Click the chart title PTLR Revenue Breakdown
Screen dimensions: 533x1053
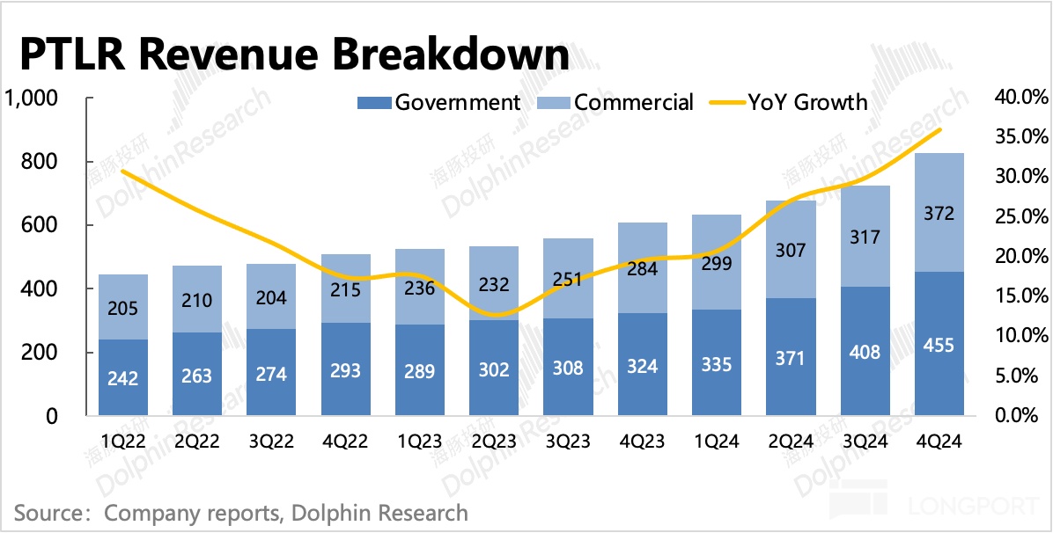[x=294, y=55]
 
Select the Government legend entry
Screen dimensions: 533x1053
[x=440, y=102]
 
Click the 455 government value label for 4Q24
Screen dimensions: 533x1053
[x=940, y=345]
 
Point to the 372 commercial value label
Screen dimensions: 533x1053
[x=940, y=213]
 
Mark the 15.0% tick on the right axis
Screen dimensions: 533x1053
[x=1022, y=296]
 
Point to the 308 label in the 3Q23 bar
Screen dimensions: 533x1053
[x=569, y=367]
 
